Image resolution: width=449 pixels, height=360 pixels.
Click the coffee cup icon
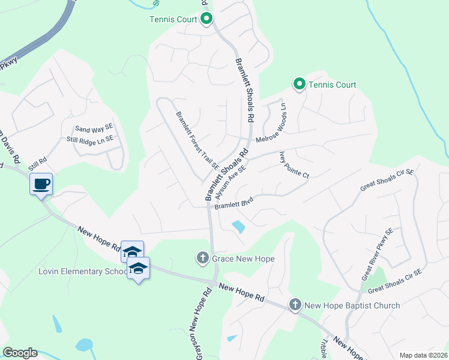pos(41,184)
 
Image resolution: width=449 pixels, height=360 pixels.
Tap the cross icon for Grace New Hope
pos(202,259)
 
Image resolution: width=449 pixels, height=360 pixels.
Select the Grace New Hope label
pos(243,259)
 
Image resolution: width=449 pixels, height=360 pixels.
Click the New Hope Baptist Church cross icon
pos(295,305)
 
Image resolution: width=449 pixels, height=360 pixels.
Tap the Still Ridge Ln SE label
pos(89,139)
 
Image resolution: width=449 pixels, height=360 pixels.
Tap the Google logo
pos(20,353)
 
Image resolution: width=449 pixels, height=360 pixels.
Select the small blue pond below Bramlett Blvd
pos(238,227)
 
